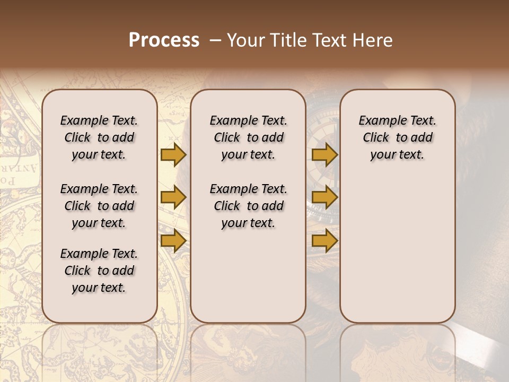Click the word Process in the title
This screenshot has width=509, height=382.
click(x=164, y=40)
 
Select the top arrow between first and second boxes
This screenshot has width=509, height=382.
click(x=173, y=155)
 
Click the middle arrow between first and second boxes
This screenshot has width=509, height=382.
click(x=173, y=197)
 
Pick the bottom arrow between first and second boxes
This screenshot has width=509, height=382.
click(x=173, y=241)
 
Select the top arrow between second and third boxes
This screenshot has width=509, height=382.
click(x=324, y=155)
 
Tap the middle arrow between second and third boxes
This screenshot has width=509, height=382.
click(x=324, y=197)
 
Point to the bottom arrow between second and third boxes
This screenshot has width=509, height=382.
click(x=324, y=241)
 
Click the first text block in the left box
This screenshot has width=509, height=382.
click(x=99, y=137)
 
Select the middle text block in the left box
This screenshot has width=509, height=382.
click(x=99, y=206)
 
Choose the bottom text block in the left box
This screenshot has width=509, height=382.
click(x=99, y=271)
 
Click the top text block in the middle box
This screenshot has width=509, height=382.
click(x=248, y=137)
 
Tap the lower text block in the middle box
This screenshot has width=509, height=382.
click(x=248, y=206)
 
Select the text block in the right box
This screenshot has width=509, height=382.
click(x=398, y=137)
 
